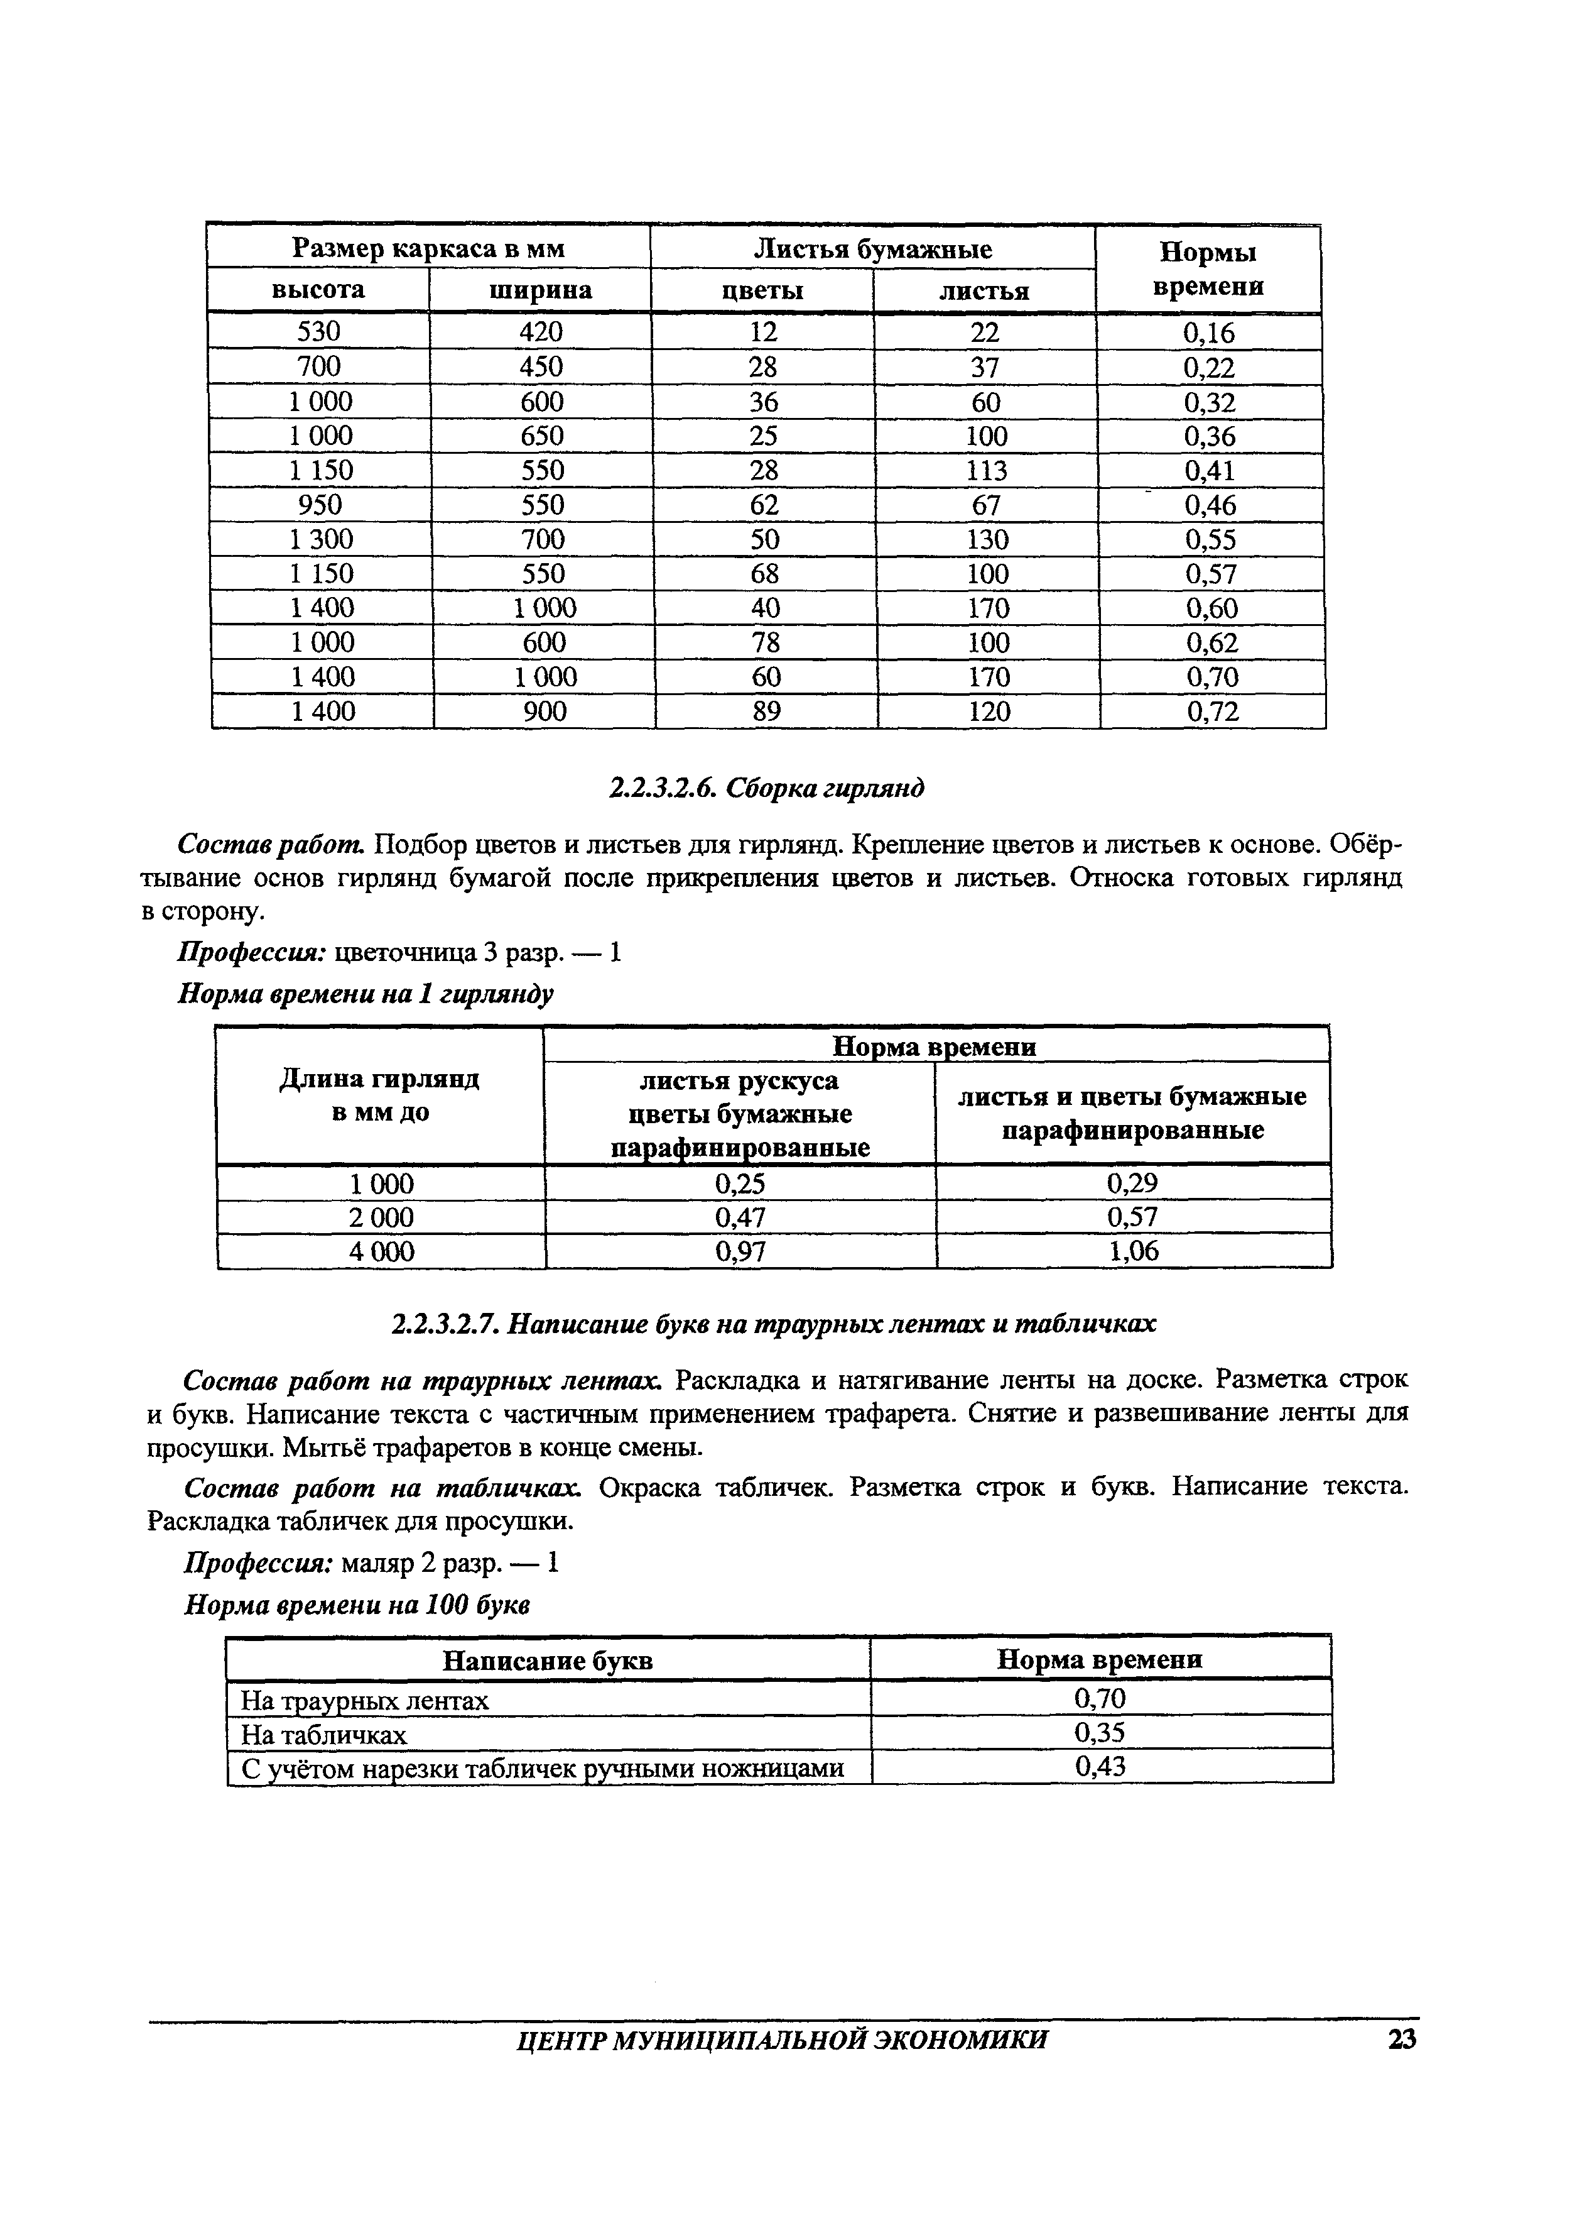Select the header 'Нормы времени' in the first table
[x=1209, y=269]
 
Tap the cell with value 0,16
[x=1209, y=333]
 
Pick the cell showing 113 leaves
[x=987, y=470]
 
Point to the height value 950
[x=320, y=504]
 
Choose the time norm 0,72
[x=1213, y=712]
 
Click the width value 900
[x=545, y=712]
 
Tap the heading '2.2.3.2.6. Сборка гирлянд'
[x=766, y=788]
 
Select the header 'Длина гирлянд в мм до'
[x=380, y=1095]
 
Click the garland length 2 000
[x=382, y=1217]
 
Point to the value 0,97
[x=741, y=1251]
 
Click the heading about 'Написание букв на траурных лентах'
[x=774, y=1323]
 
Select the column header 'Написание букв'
[x=548, y=1661]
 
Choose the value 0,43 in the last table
[x=1100, y=1766]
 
